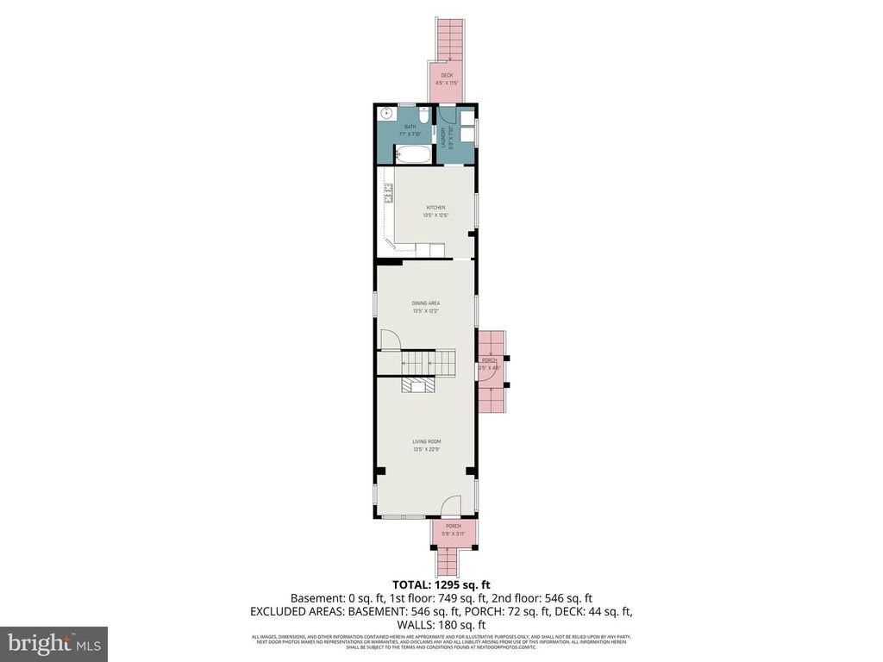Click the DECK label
447,75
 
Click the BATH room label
410,127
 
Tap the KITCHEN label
435,208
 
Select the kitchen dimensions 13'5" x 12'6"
435,215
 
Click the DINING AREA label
426,303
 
